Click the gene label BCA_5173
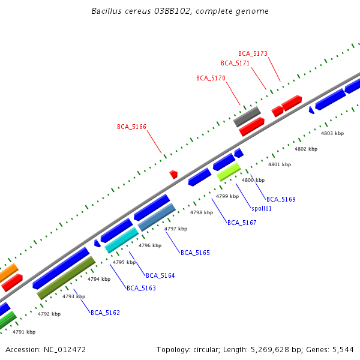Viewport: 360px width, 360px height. coord(253,53)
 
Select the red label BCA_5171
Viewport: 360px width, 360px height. coord(235,63)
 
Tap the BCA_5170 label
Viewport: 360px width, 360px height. coord(211,78)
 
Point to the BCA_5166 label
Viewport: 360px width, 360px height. coord(131,127)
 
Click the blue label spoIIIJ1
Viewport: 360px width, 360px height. coord(262,208)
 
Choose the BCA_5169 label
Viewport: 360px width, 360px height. coord(281,199)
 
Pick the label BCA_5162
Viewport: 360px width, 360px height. coord(105,313)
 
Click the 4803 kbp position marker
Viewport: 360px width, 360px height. coord(332,133)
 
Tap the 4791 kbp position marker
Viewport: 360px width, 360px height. coord(24,332)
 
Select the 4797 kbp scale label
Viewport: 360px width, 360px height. coord(176,229)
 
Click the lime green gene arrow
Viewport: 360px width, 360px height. coord(229,172)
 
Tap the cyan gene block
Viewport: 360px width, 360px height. coord(121,239)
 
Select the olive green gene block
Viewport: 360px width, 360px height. coord(66,278)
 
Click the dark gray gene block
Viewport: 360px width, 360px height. coord(246,116)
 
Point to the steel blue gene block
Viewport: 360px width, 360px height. coord(157,217)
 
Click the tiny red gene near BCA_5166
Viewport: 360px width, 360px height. coord(173,174)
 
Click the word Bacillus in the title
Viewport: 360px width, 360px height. coord(105,11)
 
